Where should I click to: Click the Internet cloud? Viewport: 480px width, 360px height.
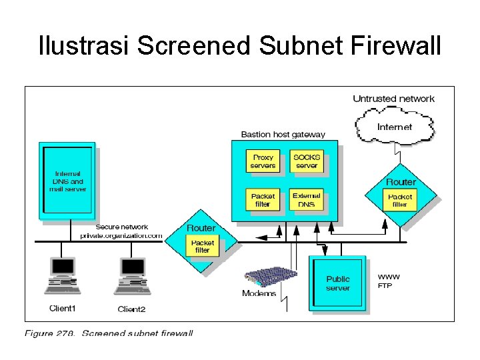[395, 126]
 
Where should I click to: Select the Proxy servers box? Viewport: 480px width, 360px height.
[263, 161]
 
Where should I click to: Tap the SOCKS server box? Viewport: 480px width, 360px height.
[307, 161]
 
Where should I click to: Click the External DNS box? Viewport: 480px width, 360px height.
[307, 200]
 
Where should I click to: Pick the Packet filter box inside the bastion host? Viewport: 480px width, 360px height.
[263, 200]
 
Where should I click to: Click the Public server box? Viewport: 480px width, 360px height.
[338, 283]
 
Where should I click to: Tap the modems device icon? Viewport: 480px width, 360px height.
[269, 276]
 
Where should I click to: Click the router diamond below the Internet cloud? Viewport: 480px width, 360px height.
[401, 194]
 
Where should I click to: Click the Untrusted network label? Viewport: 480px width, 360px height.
[393, 99]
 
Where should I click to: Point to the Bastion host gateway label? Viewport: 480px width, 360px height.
[283, 134]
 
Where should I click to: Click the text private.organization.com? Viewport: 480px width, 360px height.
[121, 235]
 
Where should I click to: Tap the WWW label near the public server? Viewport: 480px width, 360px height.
[389, 276]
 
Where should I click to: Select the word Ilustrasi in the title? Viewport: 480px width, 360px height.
[85, 46]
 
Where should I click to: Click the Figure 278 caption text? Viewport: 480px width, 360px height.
[109, 333]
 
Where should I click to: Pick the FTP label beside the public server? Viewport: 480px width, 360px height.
[385, 286]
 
